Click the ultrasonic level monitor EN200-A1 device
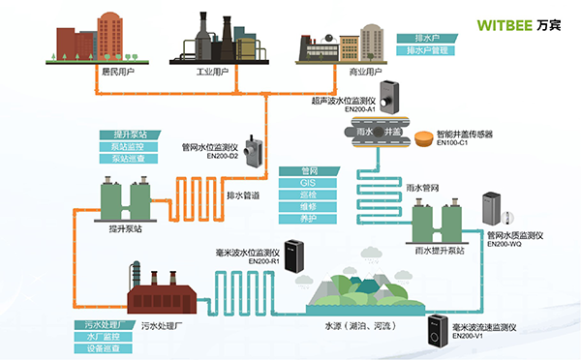pyautogui.click(x=389, y=95)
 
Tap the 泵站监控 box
pyautogui.click(x=124, y=146)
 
